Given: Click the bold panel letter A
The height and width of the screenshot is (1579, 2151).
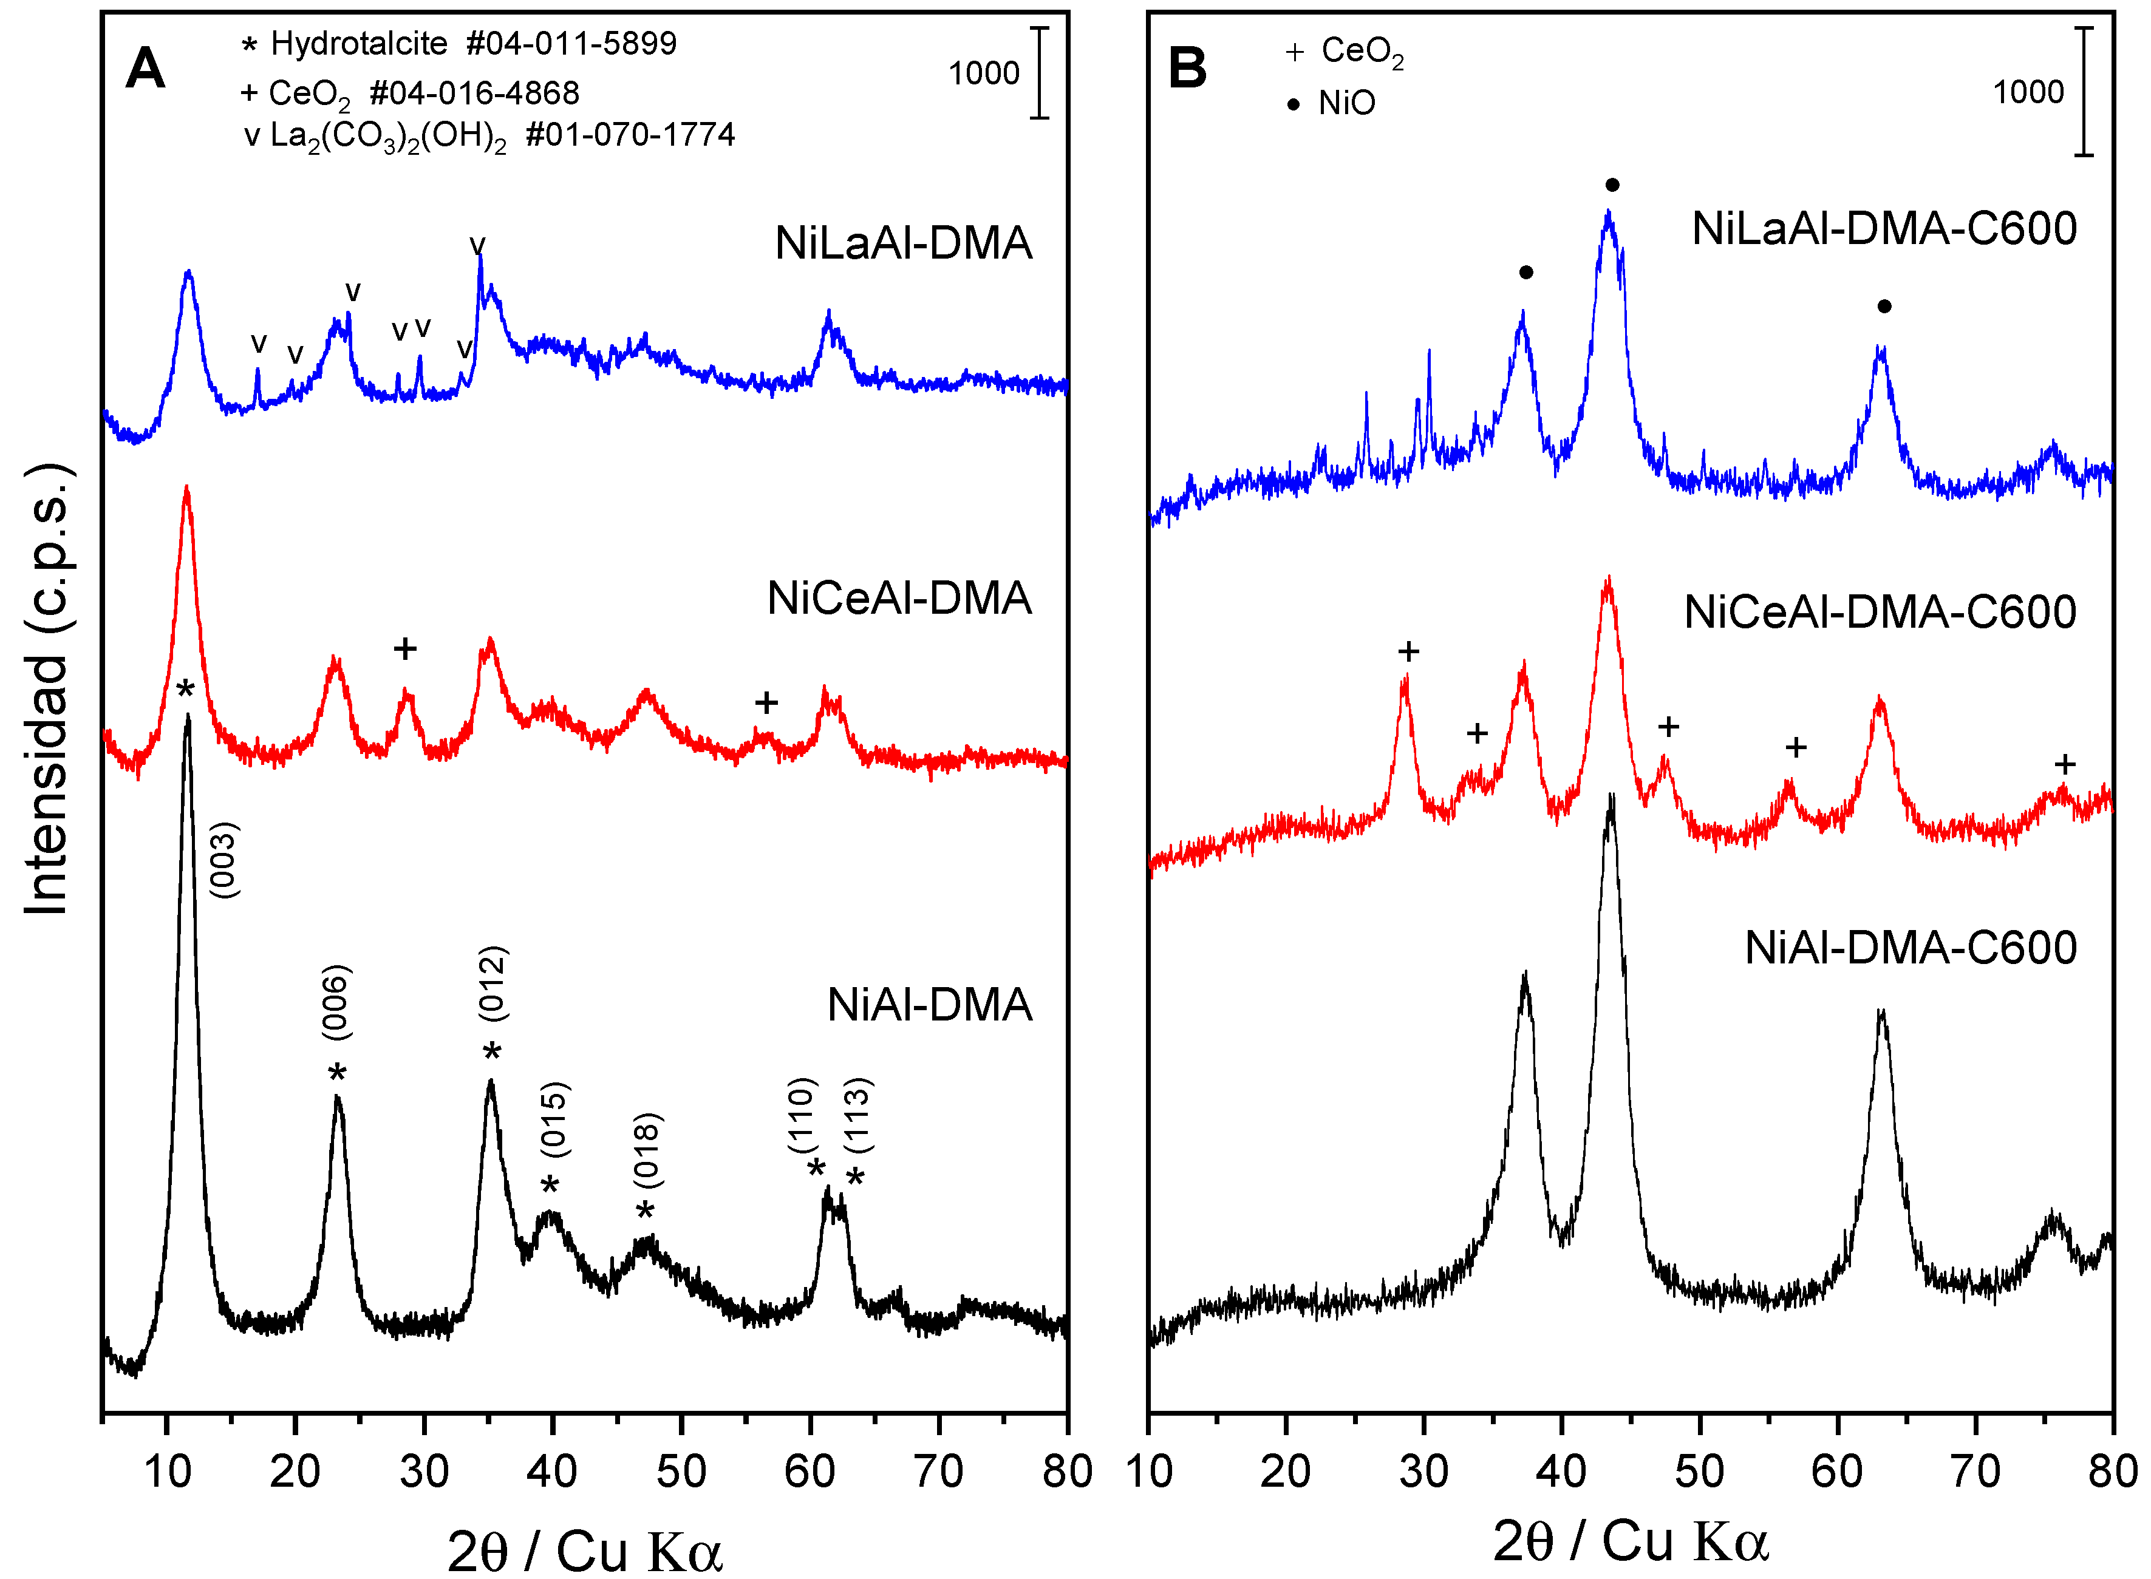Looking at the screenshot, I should tap(145, 69).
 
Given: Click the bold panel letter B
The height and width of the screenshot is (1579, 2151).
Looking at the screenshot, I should tap(1187, 69).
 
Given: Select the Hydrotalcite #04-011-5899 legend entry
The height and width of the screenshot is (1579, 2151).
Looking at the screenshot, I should tap(460, 44).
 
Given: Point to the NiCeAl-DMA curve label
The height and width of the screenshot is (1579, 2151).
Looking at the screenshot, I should tap(899, 599).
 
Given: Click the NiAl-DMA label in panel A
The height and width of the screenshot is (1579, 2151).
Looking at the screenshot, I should tap(929, 1005).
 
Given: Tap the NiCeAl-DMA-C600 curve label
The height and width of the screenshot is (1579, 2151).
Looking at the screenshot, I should tap(1880, 613).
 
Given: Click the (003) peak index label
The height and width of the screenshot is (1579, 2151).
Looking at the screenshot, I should tap(223, 860).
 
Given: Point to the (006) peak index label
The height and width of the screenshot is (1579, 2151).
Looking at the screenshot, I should tap(336, 1002).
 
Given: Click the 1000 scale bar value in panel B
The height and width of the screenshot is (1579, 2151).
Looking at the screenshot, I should tap(2028, 93).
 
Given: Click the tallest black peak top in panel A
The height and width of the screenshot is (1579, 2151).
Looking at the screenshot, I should tap(188, 717).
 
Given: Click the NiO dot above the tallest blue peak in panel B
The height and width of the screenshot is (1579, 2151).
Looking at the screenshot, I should tap(1612, 185).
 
